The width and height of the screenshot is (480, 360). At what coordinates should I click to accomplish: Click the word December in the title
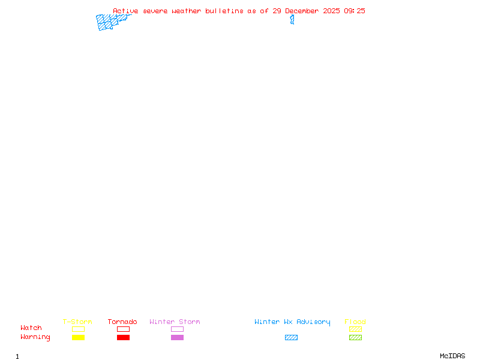coord(302,11)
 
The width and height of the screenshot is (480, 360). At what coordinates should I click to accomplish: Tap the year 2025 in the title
coord(331,11)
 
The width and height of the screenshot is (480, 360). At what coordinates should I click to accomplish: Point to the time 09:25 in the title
coord(355,11)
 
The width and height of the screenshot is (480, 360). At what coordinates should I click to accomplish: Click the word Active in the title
coord(125,11)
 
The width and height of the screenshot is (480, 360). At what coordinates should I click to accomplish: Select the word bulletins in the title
coord(224,11)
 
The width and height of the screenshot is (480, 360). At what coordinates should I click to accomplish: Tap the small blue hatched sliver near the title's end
coord(292,20)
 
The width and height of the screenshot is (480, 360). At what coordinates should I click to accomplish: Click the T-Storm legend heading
coord(77,322)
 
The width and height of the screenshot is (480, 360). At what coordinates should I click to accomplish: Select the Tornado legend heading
coord(122,322)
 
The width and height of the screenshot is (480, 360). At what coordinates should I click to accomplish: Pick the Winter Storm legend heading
coord(175,322)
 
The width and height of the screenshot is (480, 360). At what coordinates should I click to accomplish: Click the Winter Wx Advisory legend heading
coord(292,322)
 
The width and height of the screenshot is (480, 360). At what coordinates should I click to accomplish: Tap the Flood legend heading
coord(355,322)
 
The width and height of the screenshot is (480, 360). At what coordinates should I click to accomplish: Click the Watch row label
coord(31,328)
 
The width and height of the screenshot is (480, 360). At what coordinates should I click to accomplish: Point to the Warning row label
coord(35,337)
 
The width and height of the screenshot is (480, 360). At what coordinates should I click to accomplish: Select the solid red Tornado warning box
coord(124,337)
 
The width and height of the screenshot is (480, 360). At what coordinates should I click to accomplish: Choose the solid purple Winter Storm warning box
coord(177,337)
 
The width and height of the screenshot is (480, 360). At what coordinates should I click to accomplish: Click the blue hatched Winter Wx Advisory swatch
coord(291,337)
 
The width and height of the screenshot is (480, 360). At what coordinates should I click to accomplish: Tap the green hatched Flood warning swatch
coord(355,337)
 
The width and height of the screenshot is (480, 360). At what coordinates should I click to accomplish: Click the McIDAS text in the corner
coord(452,356)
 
